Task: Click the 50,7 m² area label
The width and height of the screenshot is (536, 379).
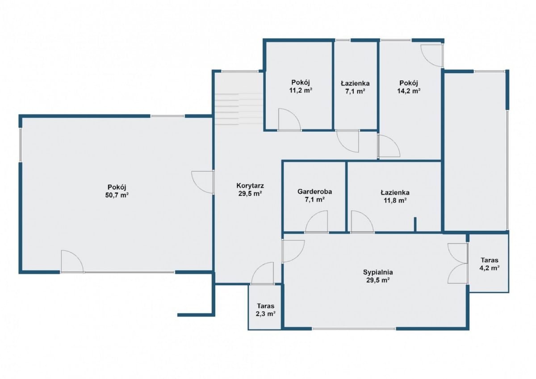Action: pyautogui.click(x=117, y=196)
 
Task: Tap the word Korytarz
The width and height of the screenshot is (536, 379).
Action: pyautogui.click(x=250, y=186)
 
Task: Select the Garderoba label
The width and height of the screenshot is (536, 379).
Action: pyautogui.click(x=314, y=192)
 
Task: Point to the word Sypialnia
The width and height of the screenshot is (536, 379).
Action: pyautogui.click(x=378, y=272)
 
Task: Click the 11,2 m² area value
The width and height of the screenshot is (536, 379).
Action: pyautogui.click(x=301, y=90)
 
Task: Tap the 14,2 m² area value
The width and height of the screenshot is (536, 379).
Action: pyautogui.click(x=409, y=91)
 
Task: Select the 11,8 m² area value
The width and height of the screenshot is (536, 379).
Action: pyautogui.click(x=395, y=200)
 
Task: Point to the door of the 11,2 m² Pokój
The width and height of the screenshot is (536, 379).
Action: pyautogui.click(x=289, y=120)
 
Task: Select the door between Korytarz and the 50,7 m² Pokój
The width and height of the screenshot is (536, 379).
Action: pyautogui.click(x=203, y=182)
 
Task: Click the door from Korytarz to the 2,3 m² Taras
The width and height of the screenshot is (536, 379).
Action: pyautogui.click(x=263, y=273)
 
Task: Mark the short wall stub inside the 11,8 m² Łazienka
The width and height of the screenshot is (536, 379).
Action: pyautogui.click(x=415, y=224)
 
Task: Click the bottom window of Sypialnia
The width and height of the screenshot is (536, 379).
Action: pyautogui.click(x=354, y=329)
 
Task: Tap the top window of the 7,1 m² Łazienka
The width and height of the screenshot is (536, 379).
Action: pyautogui.click(x=343, y=40)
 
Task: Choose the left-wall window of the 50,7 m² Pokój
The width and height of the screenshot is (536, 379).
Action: pyautogui.click(x=21, y=145)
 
